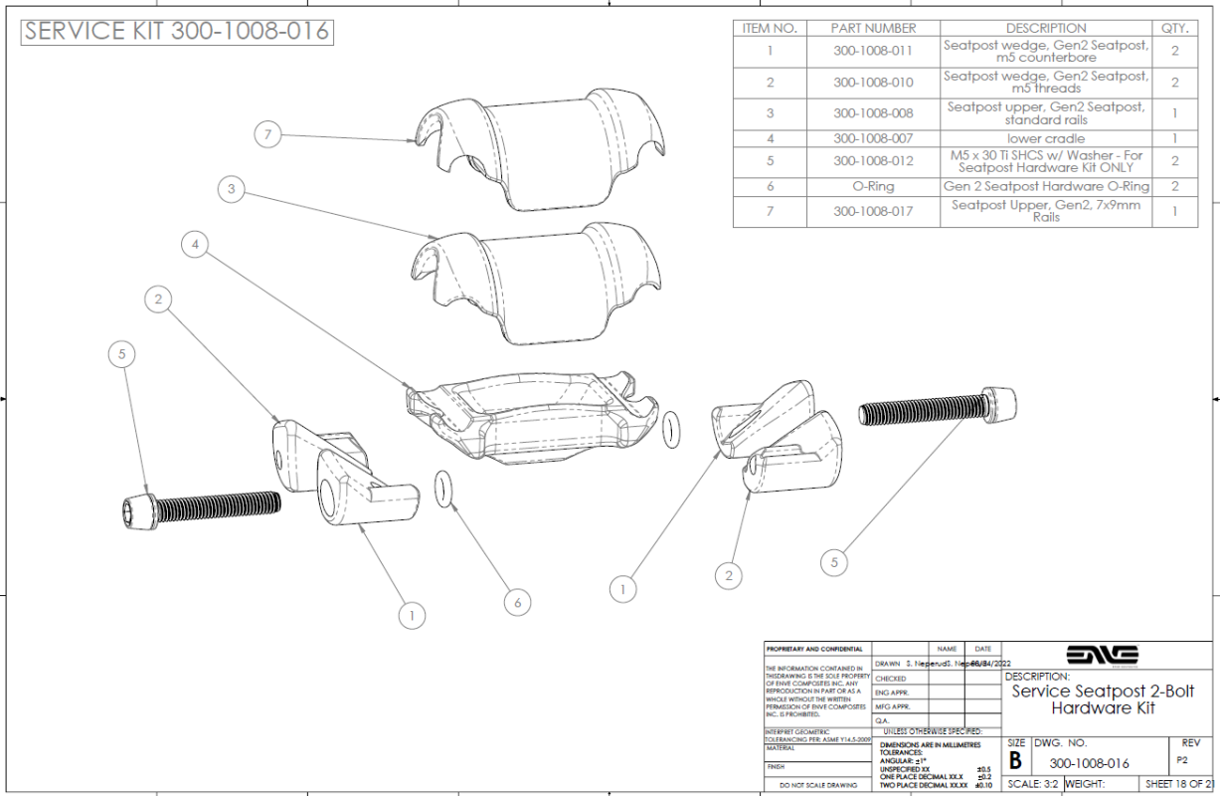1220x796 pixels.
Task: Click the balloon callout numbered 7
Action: (x=268, y=133)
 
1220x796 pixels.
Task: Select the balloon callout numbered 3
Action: (x=232, y=190)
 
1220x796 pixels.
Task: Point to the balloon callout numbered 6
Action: (x=517, y=602)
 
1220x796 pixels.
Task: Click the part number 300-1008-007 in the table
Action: (x=873, y=138)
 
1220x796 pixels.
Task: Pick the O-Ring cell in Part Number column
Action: (x=873, y=186)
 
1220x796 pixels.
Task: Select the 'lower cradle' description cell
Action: (x=1046, y=138)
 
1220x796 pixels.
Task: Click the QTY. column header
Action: (x=1174, y=28)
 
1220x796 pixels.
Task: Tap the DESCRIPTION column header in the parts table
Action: (x=1046, y=28)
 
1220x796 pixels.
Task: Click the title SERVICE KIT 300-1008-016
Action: (x=177, y=31)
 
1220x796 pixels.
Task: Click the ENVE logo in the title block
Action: (x=1102, y=655)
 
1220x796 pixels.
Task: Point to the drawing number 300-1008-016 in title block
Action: (x=1089, y=763)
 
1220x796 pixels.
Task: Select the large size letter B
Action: (x=1015, y=761)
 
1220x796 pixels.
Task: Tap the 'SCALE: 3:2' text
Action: (x=1034, y=784)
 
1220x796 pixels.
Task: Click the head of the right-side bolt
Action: (x=999, y=404)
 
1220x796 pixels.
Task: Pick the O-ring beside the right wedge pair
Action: (x=671, y=429)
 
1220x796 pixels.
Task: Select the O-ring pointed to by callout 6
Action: (x=441, y=491)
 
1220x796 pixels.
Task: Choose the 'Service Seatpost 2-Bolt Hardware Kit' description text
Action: (x=1103, y=699)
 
